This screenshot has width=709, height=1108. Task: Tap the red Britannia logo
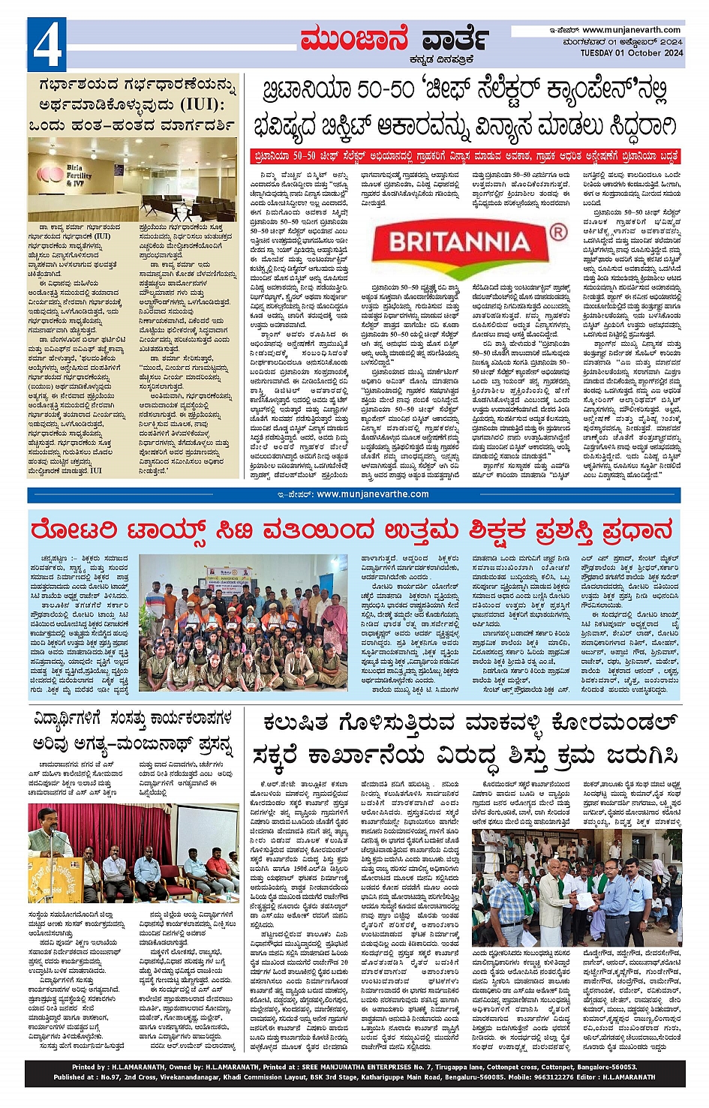coord(459,242)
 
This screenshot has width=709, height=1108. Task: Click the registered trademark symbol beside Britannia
coord(558,233)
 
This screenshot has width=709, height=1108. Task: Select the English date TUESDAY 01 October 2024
coord(631,53)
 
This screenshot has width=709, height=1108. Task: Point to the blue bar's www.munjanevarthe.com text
coord(372,494)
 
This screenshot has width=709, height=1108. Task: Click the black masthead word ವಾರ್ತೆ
coord(455,39)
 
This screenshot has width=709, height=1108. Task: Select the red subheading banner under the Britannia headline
coord(464,157)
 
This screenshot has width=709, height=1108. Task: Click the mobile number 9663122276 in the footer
coord(551,1077)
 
